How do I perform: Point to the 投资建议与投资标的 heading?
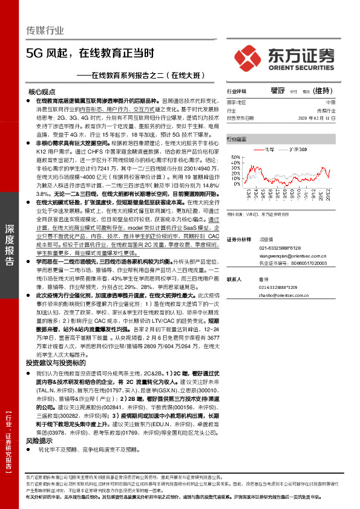[x=60, y=363]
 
